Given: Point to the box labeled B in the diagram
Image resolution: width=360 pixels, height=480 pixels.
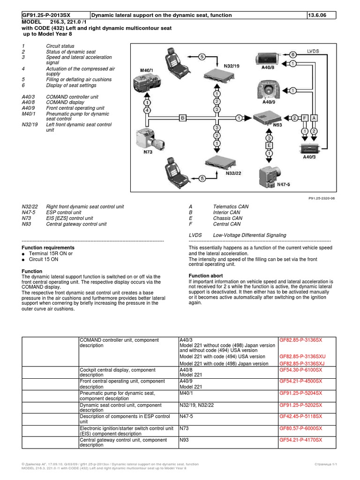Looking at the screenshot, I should click(183, 119).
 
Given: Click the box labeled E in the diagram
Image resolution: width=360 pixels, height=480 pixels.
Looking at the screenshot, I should click(269, 146).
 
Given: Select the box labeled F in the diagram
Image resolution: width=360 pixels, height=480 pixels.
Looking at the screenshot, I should click(305, 119).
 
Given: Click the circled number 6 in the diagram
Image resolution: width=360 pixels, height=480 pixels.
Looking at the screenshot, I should click(292, 54).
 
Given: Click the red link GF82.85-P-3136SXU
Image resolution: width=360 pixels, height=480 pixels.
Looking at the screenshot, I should click(302, 356).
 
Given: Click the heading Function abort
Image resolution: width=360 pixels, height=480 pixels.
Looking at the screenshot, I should click(205, 276).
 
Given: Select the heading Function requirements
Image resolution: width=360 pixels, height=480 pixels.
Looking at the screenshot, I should click(48, 247).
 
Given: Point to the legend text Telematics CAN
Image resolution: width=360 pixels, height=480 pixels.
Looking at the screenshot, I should click(231, 207).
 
